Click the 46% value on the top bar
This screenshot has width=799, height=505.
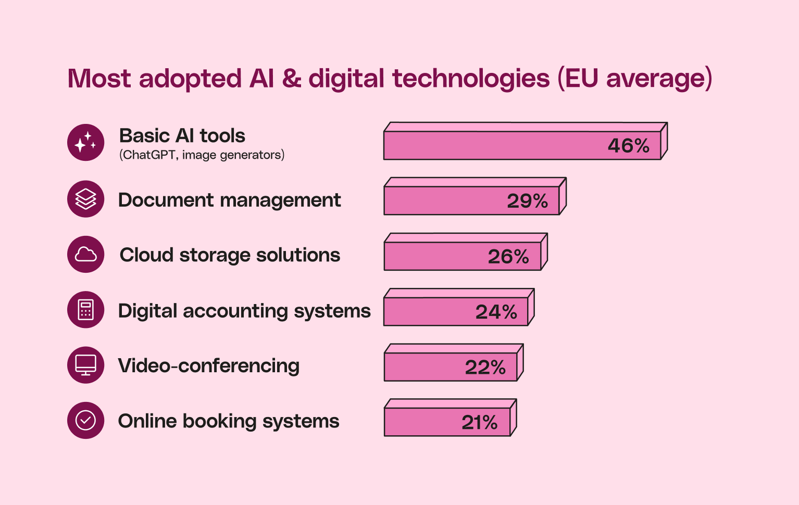pyautogui.click(x=628, y=146)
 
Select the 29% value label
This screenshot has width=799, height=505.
pyautogui.click(x=527, y=201)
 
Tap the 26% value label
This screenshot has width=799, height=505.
pyautogui.click(x=508, y=257)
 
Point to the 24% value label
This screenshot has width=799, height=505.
pyautogui.click(x=496, y=312)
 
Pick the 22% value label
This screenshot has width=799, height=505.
pyautogui.click(x=485, y=368)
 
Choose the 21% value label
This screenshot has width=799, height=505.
pyautogui.click(x=479, y=422)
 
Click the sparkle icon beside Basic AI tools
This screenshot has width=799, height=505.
pyautogui.click(x=86, y=142)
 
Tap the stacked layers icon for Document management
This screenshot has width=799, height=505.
pyautogui.click(x=86, y=199)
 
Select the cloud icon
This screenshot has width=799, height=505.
pyautogui.click(x=86, y=255)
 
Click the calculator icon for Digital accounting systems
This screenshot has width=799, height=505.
pyautogui.click(x=86, y=310)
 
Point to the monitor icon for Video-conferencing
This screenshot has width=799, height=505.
pyautogui.click(x=86, y=365)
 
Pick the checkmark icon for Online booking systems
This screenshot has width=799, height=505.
pyautogui.click(x=86, y=420)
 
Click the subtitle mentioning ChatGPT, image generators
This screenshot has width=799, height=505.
pyautogui.click(x=202, y=155)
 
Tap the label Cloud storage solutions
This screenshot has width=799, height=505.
pyautogui.click(x=230, y=255)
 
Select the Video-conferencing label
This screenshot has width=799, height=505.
pyautogui.click(x=208, y=365)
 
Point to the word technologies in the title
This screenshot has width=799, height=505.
pyautogui.click(x=471, y=79)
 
